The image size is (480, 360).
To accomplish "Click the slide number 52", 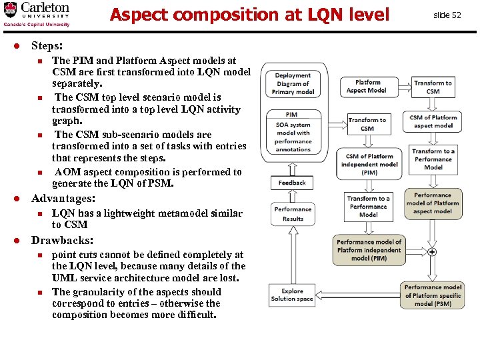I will tap(447, 15).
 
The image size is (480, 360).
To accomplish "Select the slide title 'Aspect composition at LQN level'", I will tap(249, 14).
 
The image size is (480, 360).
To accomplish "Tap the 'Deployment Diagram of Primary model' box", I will tap(293, 84).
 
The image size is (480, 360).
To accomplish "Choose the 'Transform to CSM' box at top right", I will tap(433, 87).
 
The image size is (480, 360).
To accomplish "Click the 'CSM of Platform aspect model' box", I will tap(433, 121).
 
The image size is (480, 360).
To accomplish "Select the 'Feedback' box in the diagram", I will tap(292, 182).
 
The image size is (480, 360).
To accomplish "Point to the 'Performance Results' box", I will tap(293, 214).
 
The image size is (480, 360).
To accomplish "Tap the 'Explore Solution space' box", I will tap(292, 295).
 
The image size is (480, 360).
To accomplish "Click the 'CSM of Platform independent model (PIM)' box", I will tap(369, 165).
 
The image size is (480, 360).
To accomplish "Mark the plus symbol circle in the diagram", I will tap(432, 252).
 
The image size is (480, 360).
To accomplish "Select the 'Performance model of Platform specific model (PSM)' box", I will tap(433, 295).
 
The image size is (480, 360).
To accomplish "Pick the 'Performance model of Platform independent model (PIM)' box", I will tap(369, 251).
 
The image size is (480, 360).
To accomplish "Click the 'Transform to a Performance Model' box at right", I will tap(433, 159).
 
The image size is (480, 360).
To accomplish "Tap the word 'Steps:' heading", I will tap(47, 47).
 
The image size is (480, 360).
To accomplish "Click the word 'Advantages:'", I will tap(63, 199).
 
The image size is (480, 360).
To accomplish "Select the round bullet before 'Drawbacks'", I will tap(21, 240).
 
